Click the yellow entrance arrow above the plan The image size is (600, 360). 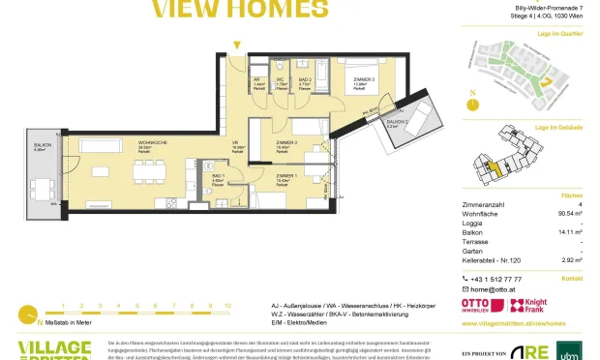coord(236,45)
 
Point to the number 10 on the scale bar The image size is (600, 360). coord(228,306)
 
